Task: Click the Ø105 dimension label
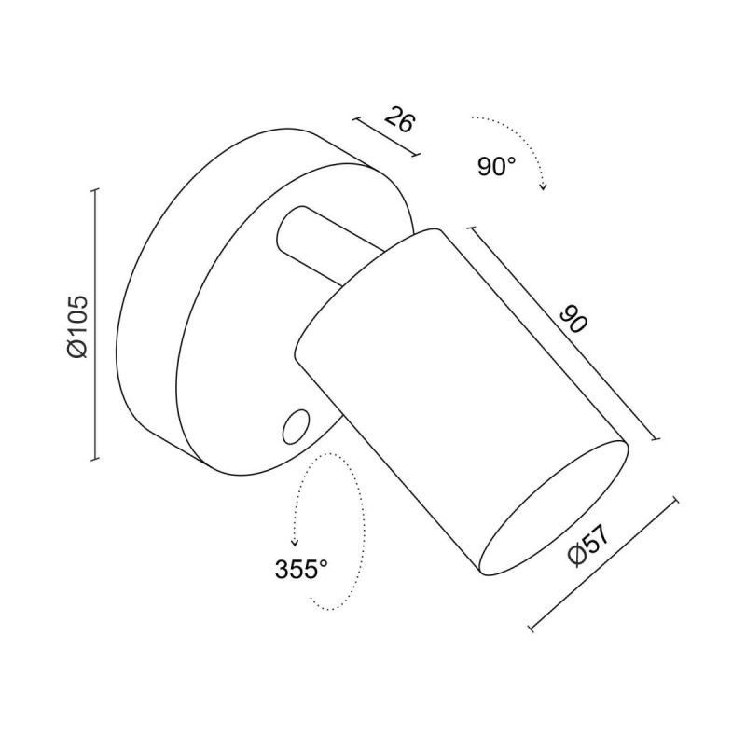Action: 78,326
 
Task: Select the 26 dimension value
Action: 400,121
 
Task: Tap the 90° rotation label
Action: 496,167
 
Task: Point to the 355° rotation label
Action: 301,569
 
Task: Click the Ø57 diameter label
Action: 588,546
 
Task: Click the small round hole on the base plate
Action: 295,426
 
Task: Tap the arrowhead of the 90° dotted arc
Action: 543,186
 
